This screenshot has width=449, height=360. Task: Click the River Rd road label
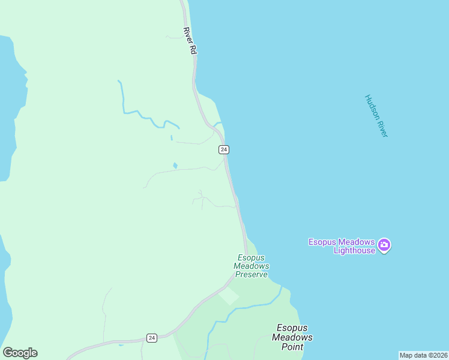[190, 41]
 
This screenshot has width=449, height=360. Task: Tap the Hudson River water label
[376, 116]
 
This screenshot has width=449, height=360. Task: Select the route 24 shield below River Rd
[223, 149]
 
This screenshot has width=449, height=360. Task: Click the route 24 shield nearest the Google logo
[151, 338]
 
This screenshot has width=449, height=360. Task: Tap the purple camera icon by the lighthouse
[384, 245]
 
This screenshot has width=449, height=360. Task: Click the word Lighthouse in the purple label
[354, 250]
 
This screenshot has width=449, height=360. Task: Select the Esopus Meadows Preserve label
[252, 266]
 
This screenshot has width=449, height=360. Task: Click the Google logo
[20, 353]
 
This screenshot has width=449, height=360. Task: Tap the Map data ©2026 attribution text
[423, 355]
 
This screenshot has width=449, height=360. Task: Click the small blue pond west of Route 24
[175, 166]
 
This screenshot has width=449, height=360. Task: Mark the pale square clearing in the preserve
[228, 296]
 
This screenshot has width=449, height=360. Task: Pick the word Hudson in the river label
[372, 106]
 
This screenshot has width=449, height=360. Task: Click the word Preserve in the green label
[252, 274]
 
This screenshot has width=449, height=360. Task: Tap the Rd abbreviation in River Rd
[193, 51]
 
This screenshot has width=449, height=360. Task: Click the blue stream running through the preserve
[252, 307]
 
